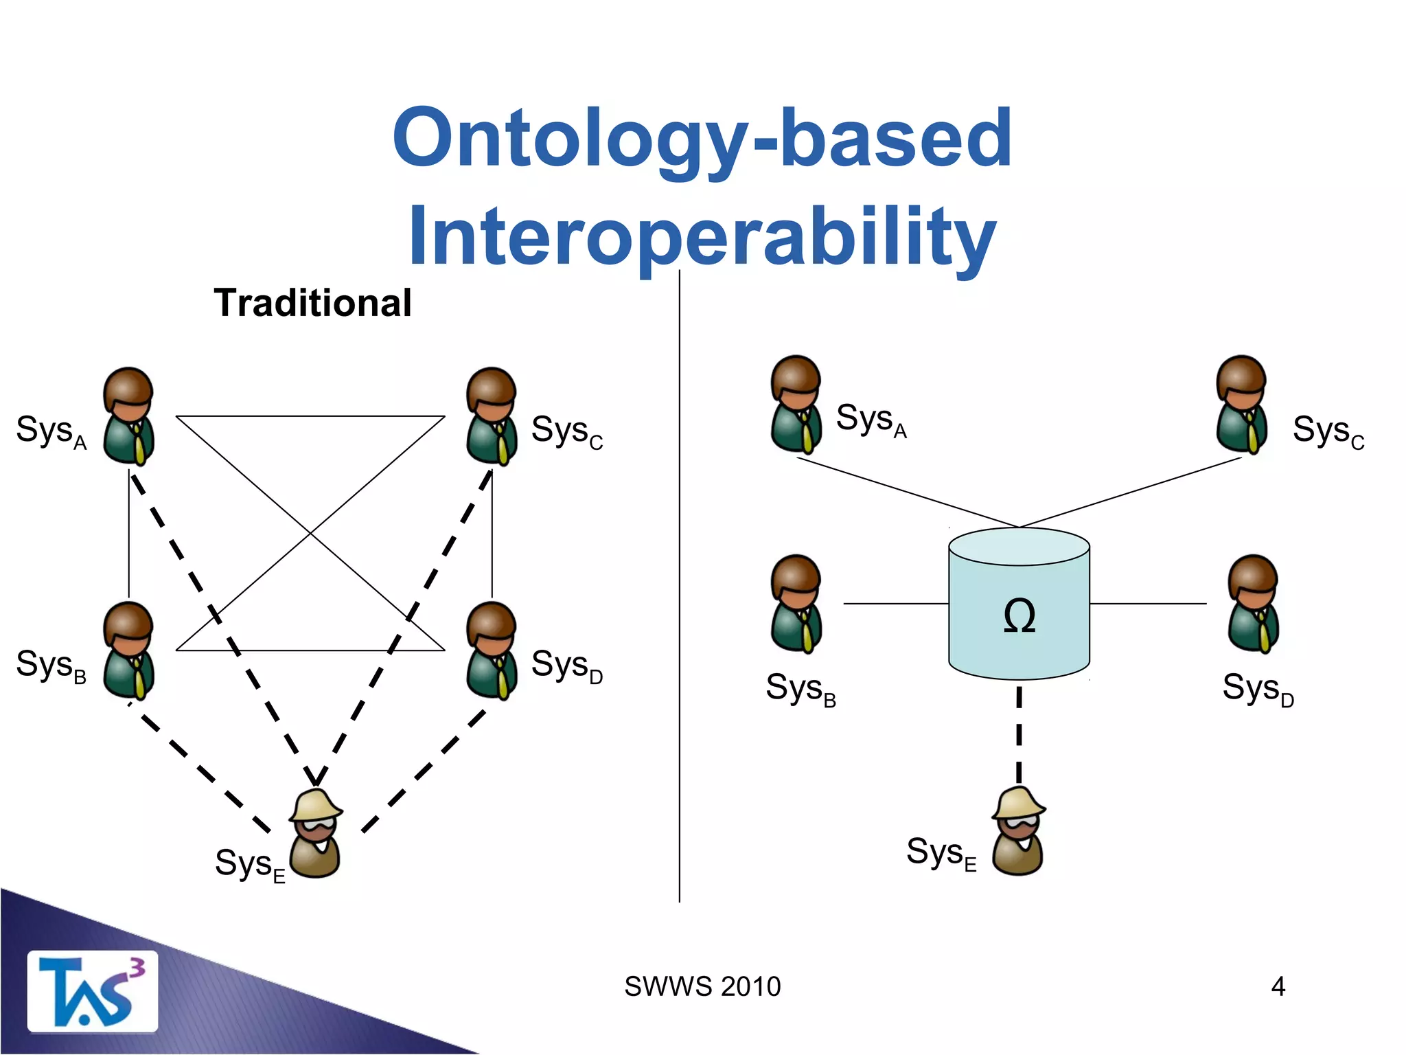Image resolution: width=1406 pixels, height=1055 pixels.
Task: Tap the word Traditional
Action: (312, 303)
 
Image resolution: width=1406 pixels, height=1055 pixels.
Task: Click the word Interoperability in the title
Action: (702, 236)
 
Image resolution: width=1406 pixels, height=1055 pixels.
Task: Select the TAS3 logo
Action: (92, 992)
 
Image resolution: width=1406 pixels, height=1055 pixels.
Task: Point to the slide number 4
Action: (1278, 986)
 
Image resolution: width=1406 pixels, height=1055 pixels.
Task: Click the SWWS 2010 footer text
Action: (702, 986)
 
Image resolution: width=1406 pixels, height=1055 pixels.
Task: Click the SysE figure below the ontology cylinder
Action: (1018, 831)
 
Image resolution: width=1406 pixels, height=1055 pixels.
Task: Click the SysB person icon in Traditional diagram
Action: (128, 650)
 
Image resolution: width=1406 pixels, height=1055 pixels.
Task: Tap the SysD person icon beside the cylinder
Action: (1253, 604)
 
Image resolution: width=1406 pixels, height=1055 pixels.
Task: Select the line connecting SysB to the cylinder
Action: (895, 604)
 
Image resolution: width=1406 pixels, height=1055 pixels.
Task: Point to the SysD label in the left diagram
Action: (567, 666)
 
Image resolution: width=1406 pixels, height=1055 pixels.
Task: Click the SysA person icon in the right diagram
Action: (796, 405)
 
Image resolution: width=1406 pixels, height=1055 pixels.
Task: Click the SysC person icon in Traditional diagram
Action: (492, 416)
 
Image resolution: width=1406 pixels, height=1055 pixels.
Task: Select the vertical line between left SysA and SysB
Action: (129, 533)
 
